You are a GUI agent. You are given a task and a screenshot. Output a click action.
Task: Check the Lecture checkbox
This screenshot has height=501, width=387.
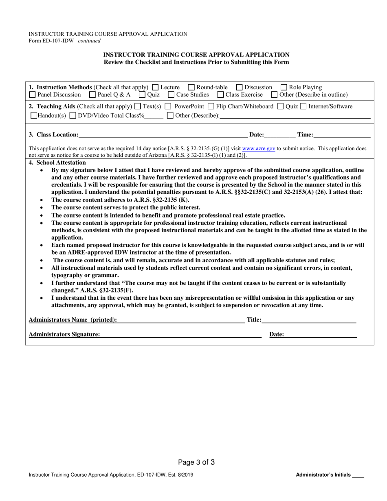pyautogui.click(x=155, y=87)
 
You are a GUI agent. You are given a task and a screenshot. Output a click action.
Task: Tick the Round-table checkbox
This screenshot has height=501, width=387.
pyautogui.click(x=191, y=87)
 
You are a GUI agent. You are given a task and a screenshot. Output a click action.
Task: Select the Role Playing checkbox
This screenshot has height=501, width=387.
pyautogui.click(x=284, y=87)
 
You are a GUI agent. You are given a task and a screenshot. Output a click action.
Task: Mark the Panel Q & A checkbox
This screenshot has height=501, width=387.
pyautogui.click(x=92, y=95)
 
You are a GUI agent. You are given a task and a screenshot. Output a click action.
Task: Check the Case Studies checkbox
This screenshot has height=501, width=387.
pyautogui.click(x=171, y=95)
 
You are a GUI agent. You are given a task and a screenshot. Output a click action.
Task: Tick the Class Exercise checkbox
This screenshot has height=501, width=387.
pyautogui.click(x=220, y=95)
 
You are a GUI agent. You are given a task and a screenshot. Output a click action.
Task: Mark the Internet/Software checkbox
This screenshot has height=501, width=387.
pyautogui.click(x=303, y=107)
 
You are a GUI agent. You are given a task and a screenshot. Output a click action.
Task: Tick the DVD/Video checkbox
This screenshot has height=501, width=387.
pyautogui.click(x=73, y=116)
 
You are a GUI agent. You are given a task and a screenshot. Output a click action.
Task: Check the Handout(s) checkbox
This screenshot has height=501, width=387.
pyautogui.click(x=34, y=116)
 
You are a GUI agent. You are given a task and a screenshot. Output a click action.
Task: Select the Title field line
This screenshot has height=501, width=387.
pyautogui.click(x=308, y=321)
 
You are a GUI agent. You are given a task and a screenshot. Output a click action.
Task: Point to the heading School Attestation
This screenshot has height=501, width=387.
pyautogui.click(x=57, y=163)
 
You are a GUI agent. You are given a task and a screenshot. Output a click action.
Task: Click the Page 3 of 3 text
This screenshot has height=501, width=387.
pyautogui.click(x=196, y=462)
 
